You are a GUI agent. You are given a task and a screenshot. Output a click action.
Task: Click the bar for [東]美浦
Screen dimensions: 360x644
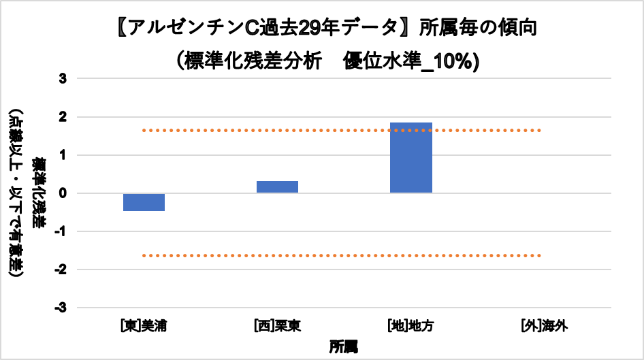pos(144,202)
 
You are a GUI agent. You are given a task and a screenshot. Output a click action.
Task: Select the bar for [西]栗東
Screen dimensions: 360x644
pos(277,187)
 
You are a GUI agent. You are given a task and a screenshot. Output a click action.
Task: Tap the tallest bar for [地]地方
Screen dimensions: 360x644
pos(410,158)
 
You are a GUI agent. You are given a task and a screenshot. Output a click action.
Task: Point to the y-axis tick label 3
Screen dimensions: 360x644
pos(63,79)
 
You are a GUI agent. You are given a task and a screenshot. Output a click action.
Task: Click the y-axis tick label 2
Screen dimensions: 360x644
pos(63,117)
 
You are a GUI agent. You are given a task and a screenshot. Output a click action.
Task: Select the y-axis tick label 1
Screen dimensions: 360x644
pos(63,155)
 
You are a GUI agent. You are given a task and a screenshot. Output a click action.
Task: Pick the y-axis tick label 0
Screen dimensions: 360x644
pos(63,193)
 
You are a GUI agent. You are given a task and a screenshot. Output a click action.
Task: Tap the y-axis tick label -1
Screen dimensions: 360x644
pos(61,231)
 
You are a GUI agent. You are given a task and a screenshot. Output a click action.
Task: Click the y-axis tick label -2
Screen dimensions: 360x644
pos(61,269)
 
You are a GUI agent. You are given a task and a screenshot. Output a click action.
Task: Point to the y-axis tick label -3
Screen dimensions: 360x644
pos(61,308)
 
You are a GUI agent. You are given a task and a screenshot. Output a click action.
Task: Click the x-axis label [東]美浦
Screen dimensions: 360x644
pos(144,326)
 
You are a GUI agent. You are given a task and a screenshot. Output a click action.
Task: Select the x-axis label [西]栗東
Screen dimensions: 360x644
pos(277,326)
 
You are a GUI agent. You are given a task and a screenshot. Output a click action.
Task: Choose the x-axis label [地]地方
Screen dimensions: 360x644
pos(410,326)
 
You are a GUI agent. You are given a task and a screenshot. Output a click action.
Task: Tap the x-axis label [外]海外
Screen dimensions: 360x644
pos(543,326)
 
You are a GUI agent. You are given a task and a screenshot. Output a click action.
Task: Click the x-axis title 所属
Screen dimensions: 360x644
pos(344,346)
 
